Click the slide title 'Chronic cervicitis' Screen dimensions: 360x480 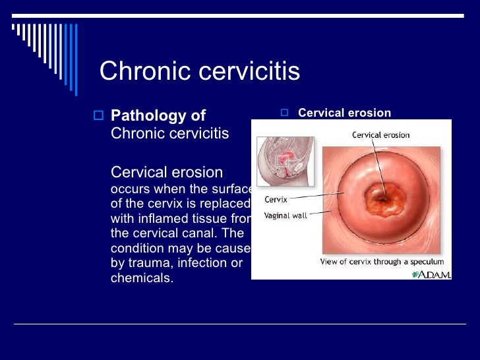pyautogui.click(x=199, y=71)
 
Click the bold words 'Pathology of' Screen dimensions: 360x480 pyautogui.click(x=158, y=116)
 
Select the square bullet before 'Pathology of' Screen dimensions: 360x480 pyautogui.click(x=99, y=116)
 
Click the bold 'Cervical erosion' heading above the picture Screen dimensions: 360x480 pyautogui.click(x=344, y=113)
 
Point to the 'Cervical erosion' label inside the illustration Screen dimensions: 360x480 pyautogui.click(x=380, y=135)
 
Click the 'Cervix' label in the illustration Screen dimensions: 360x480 pyautogui.click(x=276, y=199)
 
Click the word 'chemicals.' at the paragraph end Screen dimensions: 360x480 pyautogui.click(x=142, y=278)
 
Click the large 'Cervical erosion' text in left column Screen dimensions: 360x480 pyautogui.click(x=167, y=172)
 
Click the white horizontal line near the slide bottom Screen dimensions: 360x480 pyautogui.click(x=240, y=324)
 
